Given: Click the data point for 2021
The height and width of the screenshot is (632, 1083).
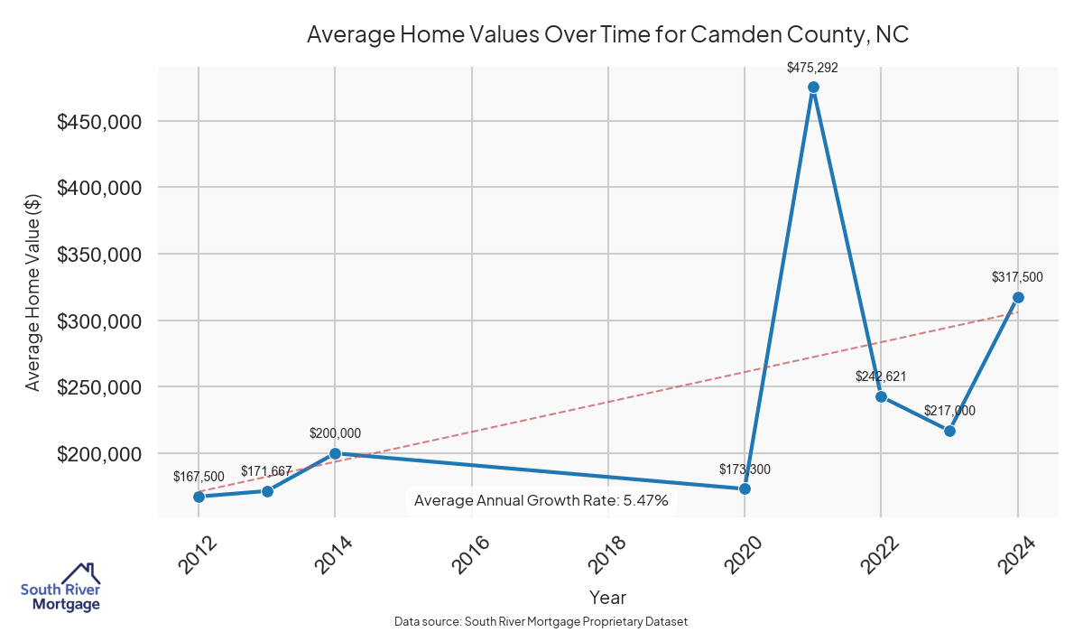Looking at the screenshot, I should point(813,88).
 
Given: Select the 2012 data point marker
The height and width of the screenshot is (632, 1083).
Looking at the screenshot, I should point(199,497).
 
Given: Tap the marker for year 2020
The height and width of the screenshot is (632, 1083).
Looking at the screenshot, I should point(745,488).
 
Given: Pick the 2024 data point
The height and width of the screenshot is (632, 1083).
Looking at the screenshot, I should point(1018,297).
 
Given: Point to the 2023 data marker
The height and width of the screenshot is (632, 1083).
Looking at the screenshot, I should point(949,431).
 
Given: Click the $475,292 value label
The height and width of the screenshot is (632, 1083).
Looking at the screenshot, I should point(813,66).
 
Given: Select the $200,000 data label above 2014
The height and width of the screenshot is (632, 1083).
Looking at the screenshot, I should point(335,433).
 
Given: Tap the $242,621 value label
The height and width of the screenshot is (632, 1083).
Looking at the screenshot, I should point(881,376).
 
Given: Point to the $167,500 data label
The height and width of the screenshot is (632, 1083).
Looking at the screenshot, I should point(199,476).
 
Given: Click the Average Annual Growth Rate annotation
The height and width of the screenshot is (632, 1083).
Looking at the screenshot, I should point(541,500).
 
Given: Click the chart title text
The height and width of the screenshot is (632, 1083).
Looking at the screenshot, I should point(607,34).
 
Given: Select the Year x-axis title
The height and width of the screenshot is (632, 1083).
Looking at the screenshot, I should point(607,597).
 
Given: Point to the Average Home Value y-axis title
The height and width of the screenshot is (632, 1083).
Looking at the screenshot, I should point(32,293).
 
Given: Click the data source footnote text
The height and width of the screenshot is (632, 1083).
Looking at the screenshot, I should point(541,621).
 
